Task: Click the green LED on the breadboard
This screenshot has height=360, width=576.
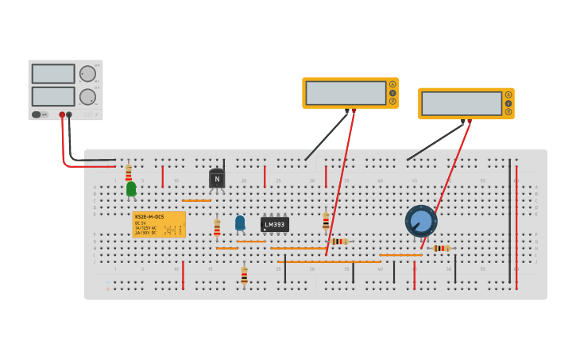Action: [131, 188]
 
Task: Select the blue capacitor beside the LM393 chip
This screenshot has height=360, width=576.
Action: [240, 223]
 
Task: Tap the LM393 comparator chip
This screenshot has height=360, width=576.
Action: [275, 225]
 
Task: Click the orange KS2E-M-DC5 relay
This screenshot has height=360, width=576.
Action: [159, 225]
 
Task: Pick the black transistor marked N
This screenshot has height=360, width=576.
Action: [217, 179]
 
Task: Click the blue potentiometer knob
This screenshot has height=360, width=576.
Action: [421, 221]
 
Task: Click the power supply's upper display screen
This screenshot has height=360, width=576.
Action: [53, 74]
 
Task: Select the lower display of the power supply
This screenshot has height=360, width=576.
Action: [53, 96]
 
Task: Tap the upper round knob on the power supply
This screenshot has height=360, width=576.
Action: [87, 74]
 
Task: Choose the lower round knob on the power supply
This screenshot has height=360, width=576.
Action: [87, 97]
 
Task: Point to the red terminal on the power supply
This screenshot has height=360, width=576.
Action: [61, 114]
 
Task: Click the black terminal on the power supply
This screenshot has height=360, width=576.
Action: [69, 114]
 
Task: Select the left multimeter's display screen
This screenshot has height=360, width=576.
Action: [346, 93]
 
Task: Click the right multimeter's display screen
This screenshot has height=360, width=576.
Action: [462, 103]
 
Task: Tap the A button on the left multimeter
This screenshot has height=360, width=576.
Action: [392, 84]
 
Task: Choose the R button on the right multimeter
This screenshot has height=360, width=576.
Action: [508, 112]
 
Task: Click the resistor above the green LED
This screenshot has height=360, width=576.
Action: [129, 172]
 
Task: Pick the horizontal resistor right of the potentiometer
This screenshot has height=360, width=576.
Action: [442, 248]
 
